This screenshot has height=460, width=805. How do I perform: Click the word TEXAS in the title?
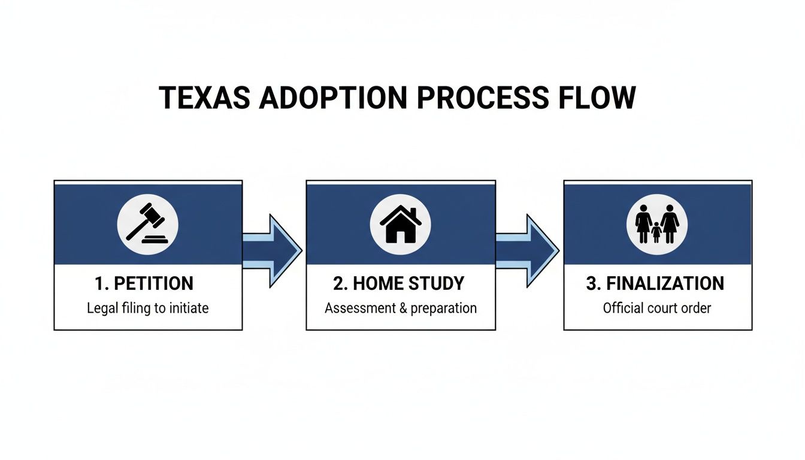click(x=204, y=98)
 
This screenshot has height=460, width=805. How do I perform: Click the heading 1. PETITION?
click(x=144, y=283)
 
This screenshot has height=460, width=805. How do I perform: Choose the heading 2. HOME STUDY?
click(x=399, y=283)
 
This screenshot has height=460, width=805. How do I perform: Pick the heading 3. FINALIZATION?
click(x=655, y=283)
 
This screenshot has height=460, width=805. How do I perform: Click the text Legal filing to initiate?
click(x=147, y=308)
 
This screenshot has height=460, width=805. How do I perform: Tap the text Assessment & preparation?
click(x=401, y=308)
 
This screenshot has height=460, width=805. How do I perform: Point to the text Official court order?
click(x=657, y=308)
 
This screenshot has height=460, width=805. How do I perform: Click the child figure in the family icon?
click(x=656, y=232)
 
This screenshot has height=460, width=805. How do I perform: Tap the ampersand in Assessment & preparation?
click(x=402, y=308)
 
